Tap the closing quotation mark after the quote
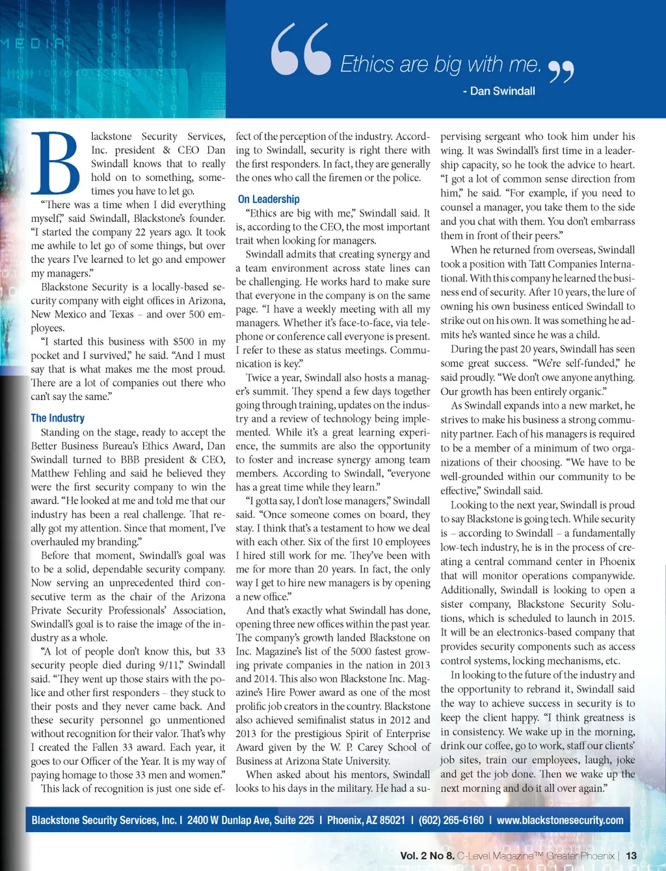(561, 71)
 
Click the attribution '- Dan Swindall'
(499, 91)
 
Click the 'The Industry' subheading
(58, 418)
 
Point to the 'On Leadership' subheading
(269, 199)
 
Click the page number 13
(631, 855)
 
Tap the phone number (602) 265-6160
(451, 820)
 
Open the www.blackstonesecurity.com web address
(560, 820)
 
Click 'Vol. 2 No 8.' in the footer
(427, 855)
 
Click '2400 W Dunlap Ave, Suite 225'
(250, 820)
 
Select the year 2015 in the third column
(623, 618)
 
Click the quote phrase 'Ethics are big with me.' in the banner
(440, 64)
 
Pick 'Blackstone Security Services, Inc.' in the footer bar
(104, 820)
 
